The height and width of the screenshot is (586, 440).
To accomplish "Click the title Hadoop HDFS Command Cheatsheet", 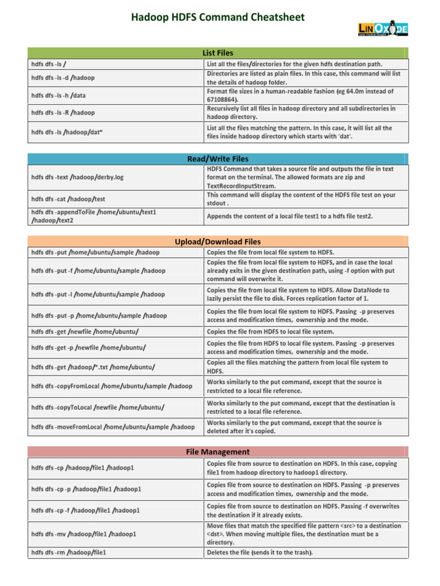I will point(218,17).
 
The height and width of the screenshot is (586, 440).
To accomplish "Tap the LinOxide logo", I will point(383,29).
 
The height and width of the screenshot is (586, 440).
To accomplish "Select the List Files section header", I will point(218,53).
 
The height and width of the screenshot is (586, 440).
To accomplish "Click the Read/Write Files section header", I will point(218,159).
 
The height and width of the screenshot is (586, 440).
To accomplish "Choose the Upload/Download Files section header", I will point(218,241).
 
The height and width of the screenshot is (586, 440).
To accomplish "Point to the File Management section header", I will point(218,452).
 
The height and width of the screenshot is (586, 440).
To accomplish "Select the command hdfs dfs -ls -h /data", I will point(58,96).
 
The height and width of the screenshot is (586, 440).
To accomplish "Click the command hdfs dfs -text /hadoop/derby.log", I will point(77,177).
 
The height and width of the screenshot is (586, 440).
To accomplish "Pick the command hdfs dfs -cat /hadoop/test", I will point(68,199).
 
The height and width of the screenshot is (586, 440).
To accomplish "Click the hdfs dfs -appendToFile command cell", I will point(94,216).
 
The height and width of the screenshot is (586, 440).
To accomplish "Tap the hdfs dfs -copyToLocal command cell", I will point(98,407).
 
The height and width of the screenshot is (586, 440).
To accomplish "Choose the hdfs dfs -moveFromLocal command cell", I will point(113,427).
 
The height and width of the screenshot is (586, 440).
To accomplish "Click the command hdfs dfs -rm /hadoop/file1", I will point(69,553).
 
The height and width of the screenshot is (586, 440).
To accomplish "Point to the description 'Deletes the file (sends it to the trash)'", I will point(260,553).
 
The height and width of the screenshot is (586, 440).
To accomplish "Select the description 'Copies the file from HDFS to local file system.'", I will point(270,332).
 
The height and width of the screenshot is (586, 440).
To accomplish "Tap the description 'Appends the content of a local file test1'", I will point(289,216).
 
